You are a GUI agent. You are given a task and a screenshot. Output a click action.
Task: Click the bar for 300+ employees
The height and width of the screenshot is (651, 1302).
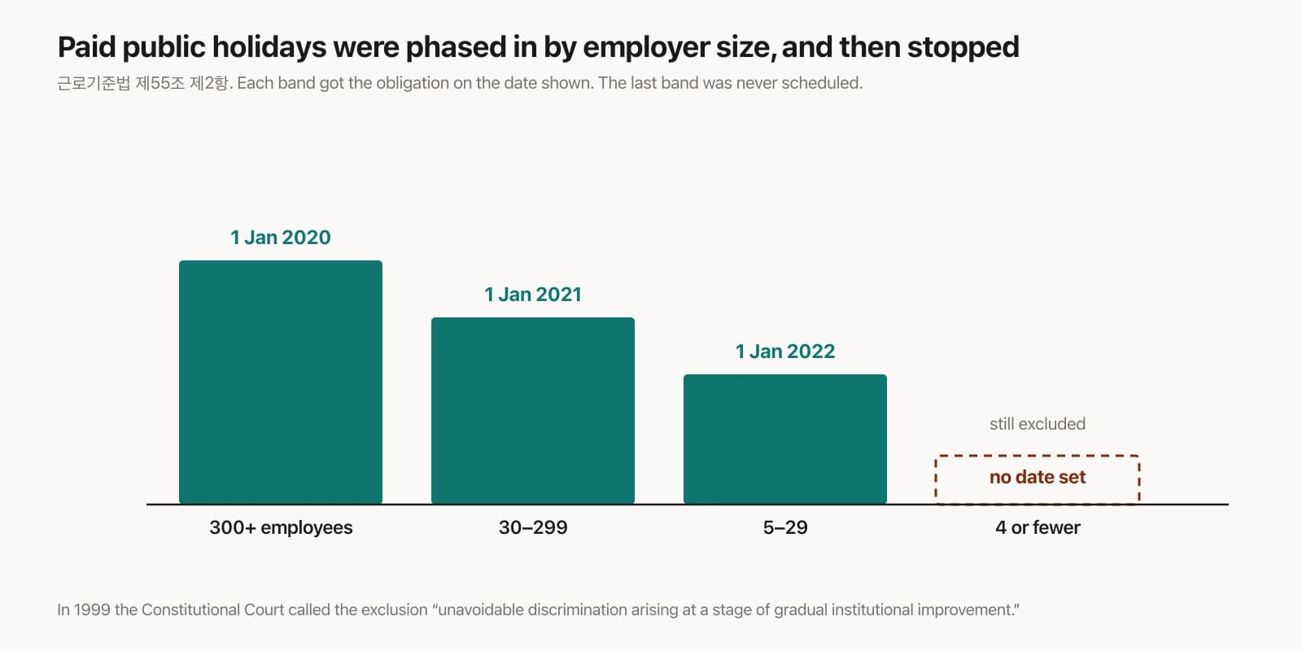[x=281, y=382]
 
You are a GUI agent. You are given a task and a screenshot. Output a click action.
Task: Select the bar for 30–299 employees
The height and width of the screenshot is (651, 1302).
[x=533, y=410]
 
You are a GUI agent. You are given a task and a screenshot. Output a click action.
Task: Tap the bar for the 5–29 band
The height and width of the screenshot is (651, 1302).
[x=785, y=439]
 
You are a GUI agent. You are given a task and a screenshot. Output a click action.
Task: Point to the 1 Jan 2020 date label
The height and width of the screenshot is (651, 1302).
[x=281, y=237]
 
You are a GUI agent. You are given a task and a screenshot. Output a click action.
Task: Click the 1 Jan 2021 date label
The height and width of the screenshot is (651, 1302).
[x=533, y=294]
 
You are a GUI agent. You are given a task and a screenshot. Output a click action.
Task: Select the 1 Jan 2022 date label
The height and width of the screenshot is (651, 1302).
[x=785, y=351]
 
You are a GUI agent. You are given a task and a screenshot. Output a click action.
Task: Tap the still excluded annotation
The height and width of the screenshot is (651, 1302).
[x=1038, y=424]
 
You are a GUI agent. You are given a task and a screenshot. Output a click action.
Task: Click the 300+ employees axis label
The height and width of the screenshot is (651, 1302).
[x=281, y=527]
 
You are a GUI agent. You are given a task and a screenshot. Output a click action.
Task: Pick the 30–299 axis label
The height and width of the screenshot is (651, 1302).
[x=533, y=527]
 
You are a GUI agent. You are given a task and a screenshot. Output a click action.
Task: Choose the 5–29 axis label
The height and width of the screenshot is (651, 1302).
[x=785, y=527]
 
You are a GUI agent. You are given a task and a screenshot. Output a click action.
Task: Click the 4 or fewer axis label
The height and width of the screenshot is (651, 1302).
[x=1038, y=527]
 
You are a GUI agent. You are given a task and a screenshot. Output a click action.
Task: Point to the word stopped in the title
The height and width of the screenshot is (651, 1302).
[x=963, y=47]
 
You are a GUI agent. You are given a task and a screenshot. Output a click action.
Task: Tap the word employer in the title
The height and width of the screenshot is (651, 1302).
[x=646, y=47]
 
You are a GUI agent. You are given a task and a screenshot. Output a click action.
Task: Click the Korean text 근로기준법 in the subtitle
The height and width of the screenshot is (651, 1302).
[x=94, y=83]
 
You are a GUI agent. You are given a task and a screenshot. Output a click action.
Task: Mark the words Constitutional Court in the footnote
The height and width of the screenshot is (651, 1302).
[x=212, y=609]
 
